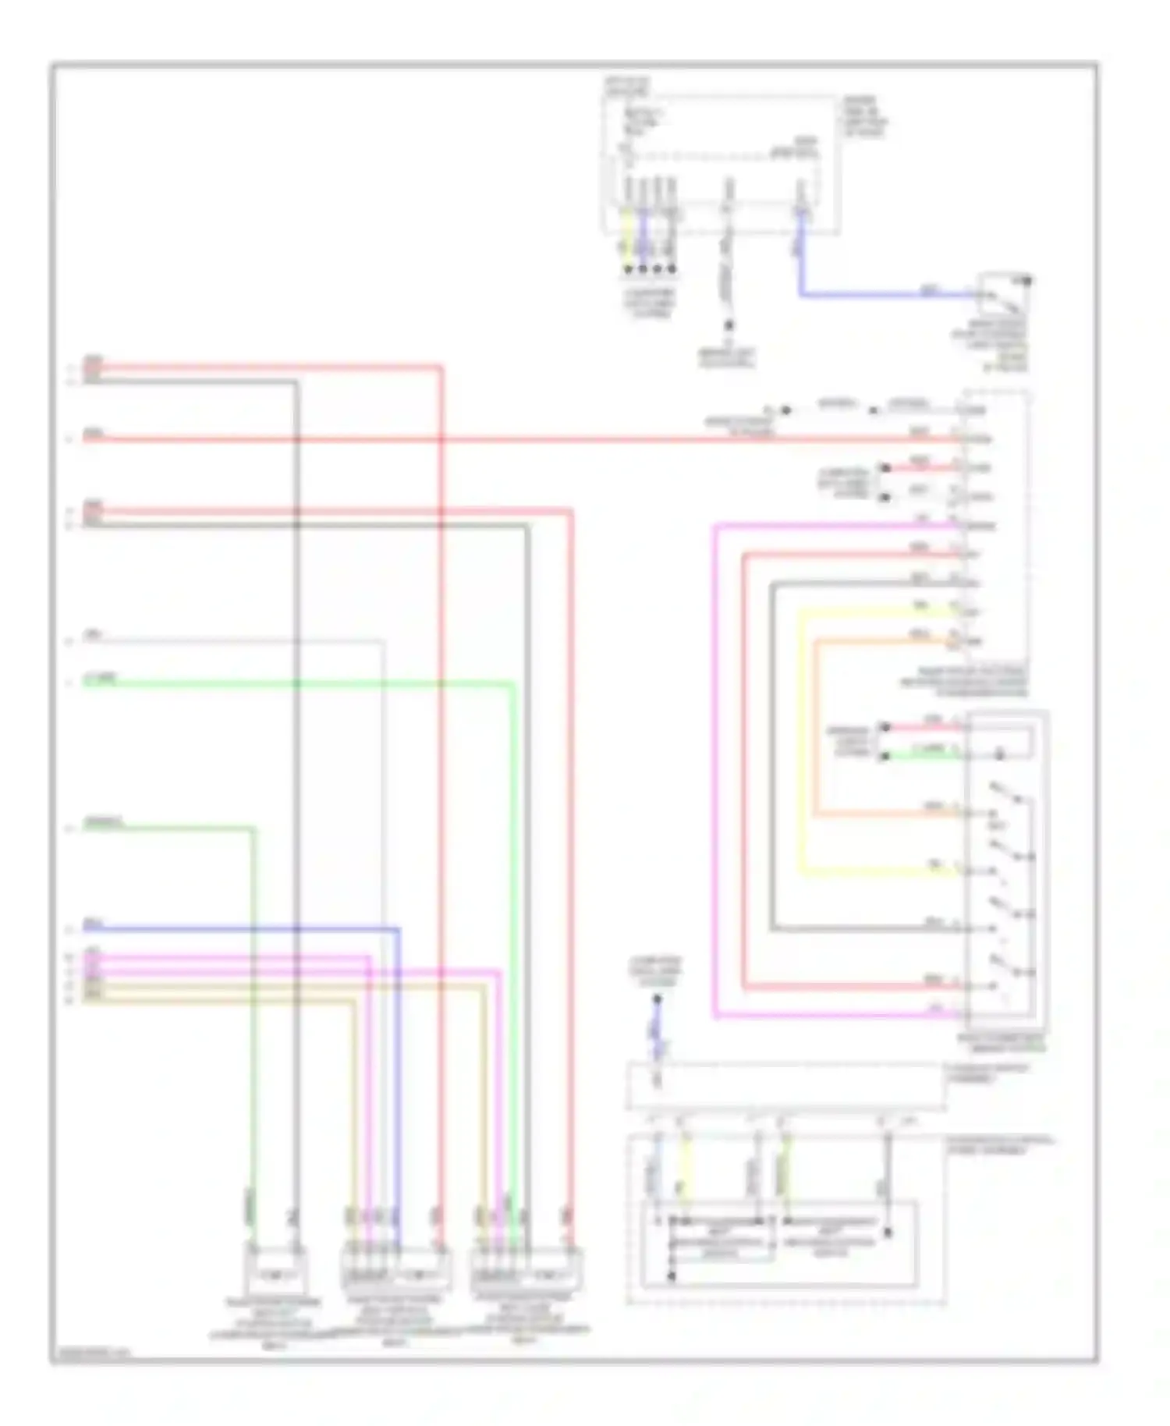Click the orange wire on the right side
coord(815,725)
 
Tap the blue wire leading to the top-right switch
coord(881,296)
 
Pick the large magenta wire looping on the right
coord(714,772)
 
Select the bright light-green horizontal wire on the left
coord(296,684)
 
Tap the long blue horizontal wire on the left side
coord(234,929)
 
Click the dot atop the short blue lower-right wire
coord(657,999)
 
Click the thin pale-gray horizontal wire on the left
coord(234,641)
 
